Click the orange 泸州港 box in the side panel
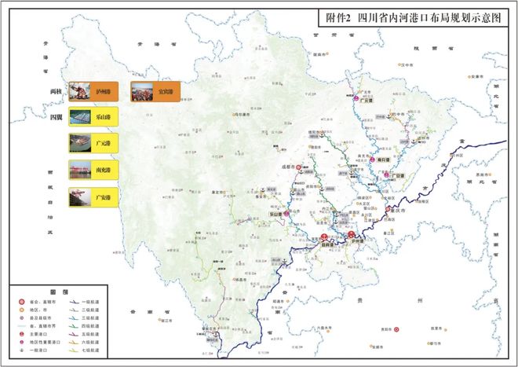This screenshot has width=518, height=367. point(93,92)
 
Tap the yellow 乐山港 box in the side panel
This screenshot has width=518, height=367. point(93,117)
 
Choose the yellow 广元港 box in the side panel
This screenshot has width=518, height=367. point(93,143)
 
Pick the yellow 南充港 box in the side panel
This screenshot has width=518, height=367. point(93,169)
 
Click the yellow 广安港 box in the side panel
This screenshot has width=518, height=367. point(93,195)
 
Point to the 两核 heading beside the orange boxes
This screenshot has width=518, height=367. point(56,92)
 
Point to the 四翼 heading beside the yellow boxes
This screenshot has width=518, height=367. point(56,117)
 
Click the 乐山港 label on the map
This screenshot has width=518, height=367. point(276,213)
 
